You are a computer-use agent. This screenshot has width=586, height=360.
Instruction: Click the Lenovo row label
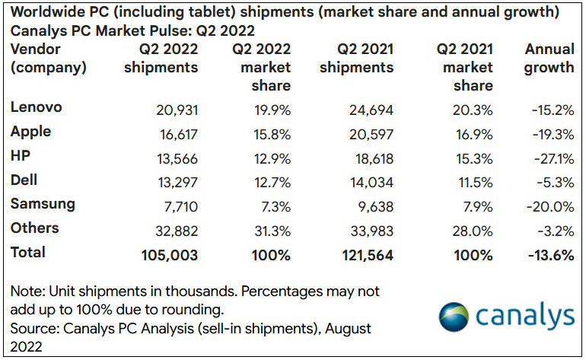coord(36,107)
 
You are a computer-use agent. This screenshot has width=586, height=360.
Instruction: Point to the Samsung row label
coord(43,204)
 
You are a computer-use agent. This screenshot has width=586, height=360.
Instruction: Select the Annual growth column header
coord(549,58)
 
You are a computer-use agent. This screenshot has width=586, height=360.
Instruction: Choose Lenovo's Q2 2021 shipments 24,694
coord(368,108)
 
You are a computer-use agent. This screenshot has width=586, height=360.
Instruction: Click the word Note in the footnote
coord(27,292)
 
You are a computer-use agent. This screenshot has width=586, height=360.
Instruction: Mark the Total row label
coord(28,253)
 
